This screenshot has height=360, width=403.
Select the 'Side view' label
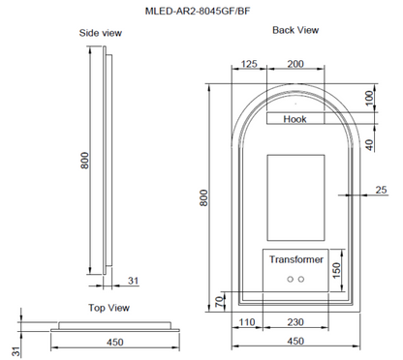coord(99,33)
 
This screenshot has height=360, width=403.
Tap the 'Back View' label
coord(294,30)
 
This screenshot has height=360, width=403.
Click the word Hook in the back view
coord(295,119)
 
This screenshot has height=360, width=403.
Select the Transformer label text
coord(295,260)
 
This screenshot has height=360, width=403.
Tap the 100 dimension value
coord(369,99)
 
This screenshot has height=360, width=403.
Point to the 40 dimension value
coord(369,144)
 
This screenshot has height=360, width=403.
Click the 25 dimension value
coord(380,191)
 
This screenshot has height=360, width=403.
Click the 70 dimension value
coord(218,303)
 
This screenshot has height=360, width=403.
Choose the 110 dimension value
coord(247,323)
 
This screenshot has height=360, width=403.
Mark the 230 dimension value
coord(295,323)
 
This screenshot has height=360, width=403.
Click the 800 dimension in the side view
coord(85,160)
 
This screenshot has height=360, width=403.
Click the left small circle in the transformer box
coord(289,280)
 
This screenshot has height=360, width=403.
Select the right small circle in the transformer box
coord(302,280)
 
